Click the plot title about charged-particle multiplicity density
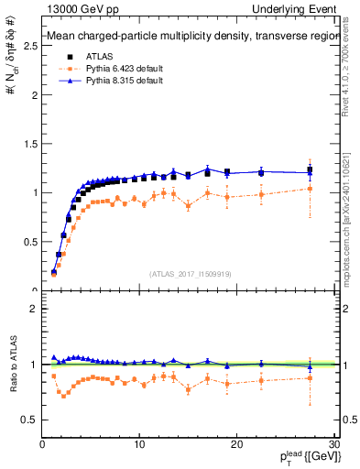pyautogui.click(x=188, y=38)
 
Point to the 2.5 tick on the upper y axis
pyautogui.click(x=30, y=46)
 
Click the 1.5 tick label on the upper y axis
pyautogui.click(x=30, y=144)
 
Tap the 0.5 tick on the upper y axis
pyautogui.click(x=30, y=242)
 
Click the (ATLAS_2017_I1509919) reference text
pyautogui.click(x=189, y=273)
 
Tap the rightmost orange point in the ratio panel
pyautogui.click(x=311, y=377)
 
